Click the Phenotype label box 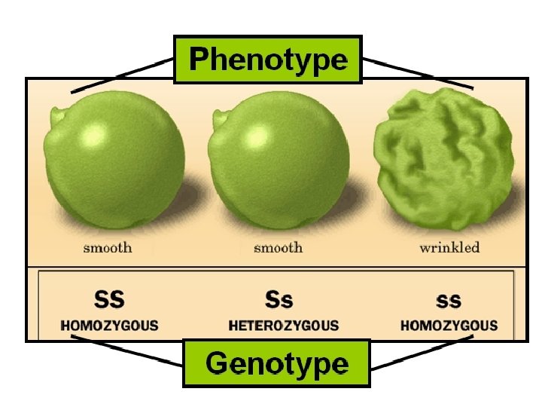[268, 59]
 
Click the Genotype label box [276, 363]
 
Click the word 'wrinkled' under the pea [449, 247]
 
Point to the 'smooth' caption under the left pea [108, 247]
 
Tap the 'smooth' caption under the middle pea [278, 247]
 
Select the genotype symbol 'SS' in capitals [109, 300]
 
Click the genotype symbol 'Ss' [279, 300]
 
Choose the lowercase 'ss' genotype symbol [449, 300]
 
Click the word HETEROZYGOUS [284, 326]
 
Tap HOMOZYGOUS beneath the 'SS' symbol [110, 326]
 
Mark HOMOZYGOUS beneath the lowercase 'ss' [449, 326]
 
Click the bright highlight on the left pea [93, 136]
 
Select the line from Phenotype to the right [418, 73]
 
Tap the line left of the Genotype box [128, 350]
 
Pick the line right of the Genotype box [422, 353]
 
